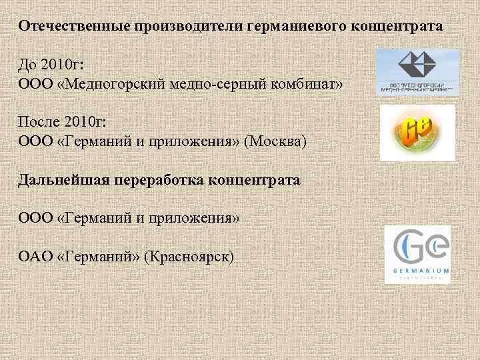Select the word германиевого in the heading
click(291, 27)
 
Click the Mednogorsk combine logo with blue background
click(417, 72)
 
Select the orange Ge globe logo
click(417, 132)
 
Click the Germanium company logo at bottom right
click(417, 254)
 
